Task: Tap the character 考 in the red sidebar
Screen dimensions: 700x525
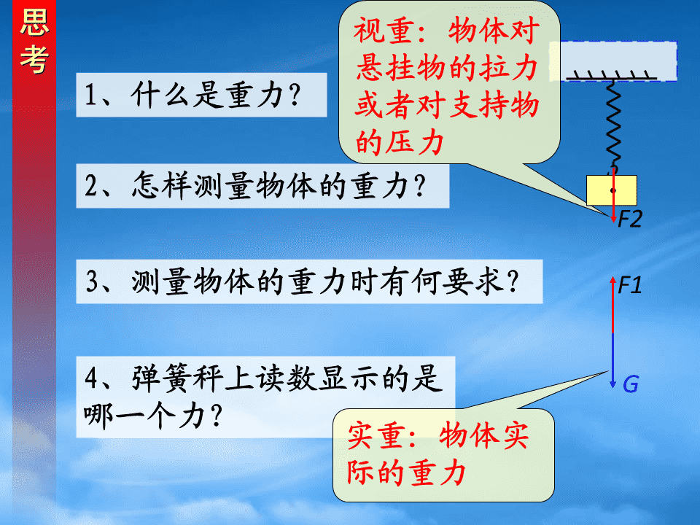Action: pos(34,58)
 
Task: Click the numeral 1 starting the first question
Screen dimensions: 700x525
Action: pos(90,95)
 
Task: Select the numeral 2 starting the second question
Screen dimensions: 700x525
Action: pos(90,186)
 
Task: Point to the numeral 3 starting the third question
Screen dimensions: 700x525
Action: pos(92,282)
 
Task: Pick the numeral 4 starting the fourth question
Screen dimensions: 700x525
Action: pos(92,378)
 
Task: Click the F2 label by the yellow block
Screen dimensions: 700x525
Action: pos(629,219)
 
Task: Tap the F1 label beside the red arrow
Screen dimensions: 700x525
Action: pos(630,285)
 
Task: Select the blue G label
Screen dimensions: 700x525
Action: pos(631,384)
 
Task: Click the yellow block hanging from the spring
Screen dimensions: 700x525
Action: pos(612,190)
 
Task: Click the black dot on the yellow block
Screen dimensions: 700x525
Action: pos(613,190)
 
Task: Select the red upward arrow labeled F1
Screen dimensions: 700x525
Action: pos(613,305)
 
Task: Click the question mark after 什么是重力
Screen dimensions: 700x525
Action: pos(295,95)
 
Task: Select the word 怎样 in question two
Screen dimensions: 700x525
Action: pos(162,186)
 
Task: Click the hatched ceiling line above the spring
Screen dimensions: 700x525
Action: pos(612,75)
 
